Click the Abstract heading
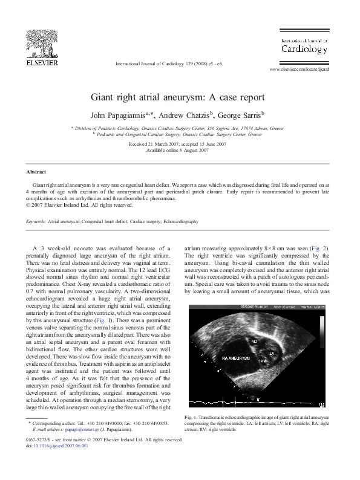29,172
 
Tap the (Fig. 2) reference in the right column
321,247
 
